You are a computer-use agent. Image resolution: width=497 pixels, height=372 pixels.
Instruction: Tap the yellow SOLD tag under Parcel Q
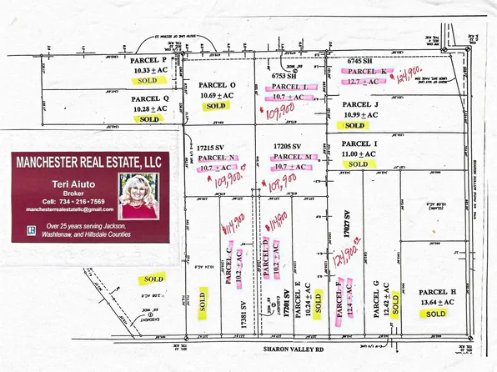tap(149, 120)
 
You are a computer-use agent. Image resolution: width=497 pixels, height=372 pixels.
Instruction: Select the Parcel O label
tap(217, 86)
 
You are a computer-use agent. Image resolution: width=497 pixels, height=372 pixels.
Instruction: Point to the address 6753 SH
tap(287, 76)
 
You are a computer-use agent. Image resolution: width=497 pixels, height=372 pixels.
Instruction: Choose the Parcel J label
tap(360, 104)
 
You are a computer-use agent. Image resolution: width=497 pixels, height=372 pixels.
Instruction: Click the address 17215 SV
tap(211, 145)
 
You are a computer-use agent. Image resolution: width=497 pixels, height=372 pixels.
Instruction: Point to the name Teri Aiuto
tap(68, 182)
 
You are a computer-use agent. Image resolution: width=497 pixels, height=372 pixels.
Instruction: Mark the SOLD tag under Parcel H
tap(436, 315)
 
